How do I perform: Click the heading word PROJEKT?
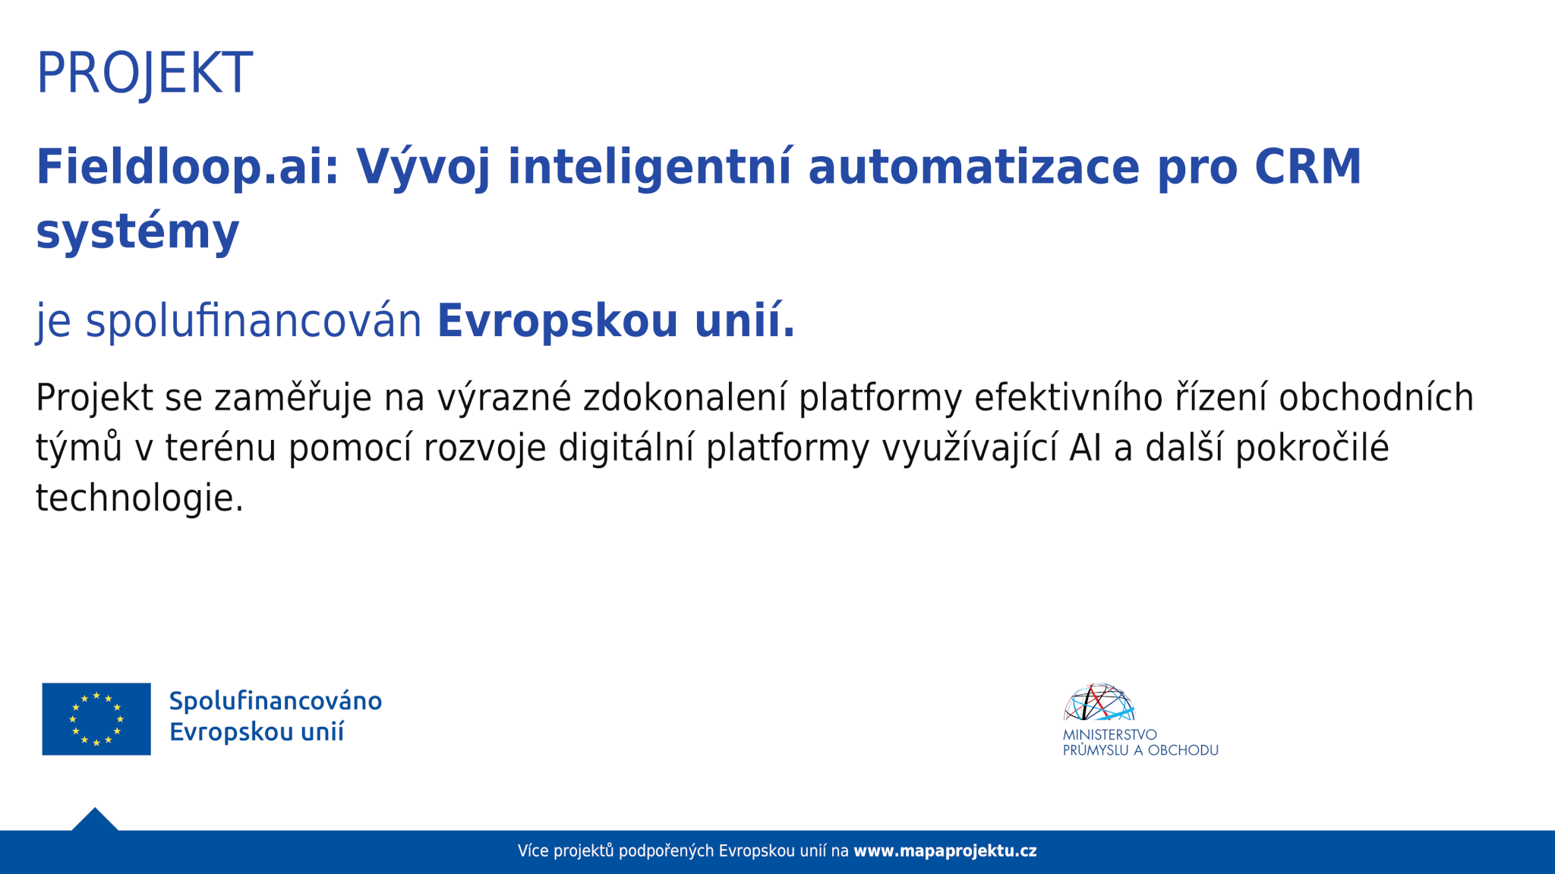144,74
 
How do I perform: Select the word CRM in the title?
1308,167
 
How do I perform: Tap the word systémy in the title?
137,231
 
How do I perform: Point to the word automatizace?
974,168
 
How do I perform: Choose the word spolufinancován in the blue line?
254,320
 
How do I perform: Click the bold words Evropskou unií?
616,320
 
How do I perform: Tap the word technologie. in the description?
140,499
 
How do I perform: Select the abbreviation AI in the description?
1085,448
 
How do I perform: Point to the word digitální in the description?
626,448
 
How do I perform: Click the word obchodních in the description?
1376,398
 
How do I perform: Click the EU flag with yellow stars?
96,718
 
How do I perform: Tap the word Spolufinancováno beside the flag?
276,701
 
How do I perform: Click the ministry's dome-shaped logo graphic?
1099,702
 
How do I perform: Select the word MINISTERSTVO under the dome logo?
1109,734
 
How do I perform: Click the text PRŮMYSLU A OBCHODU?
1140,750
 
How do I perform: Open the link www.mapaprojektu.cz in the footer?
945,851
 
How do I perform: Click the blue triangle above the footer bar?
95,821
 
